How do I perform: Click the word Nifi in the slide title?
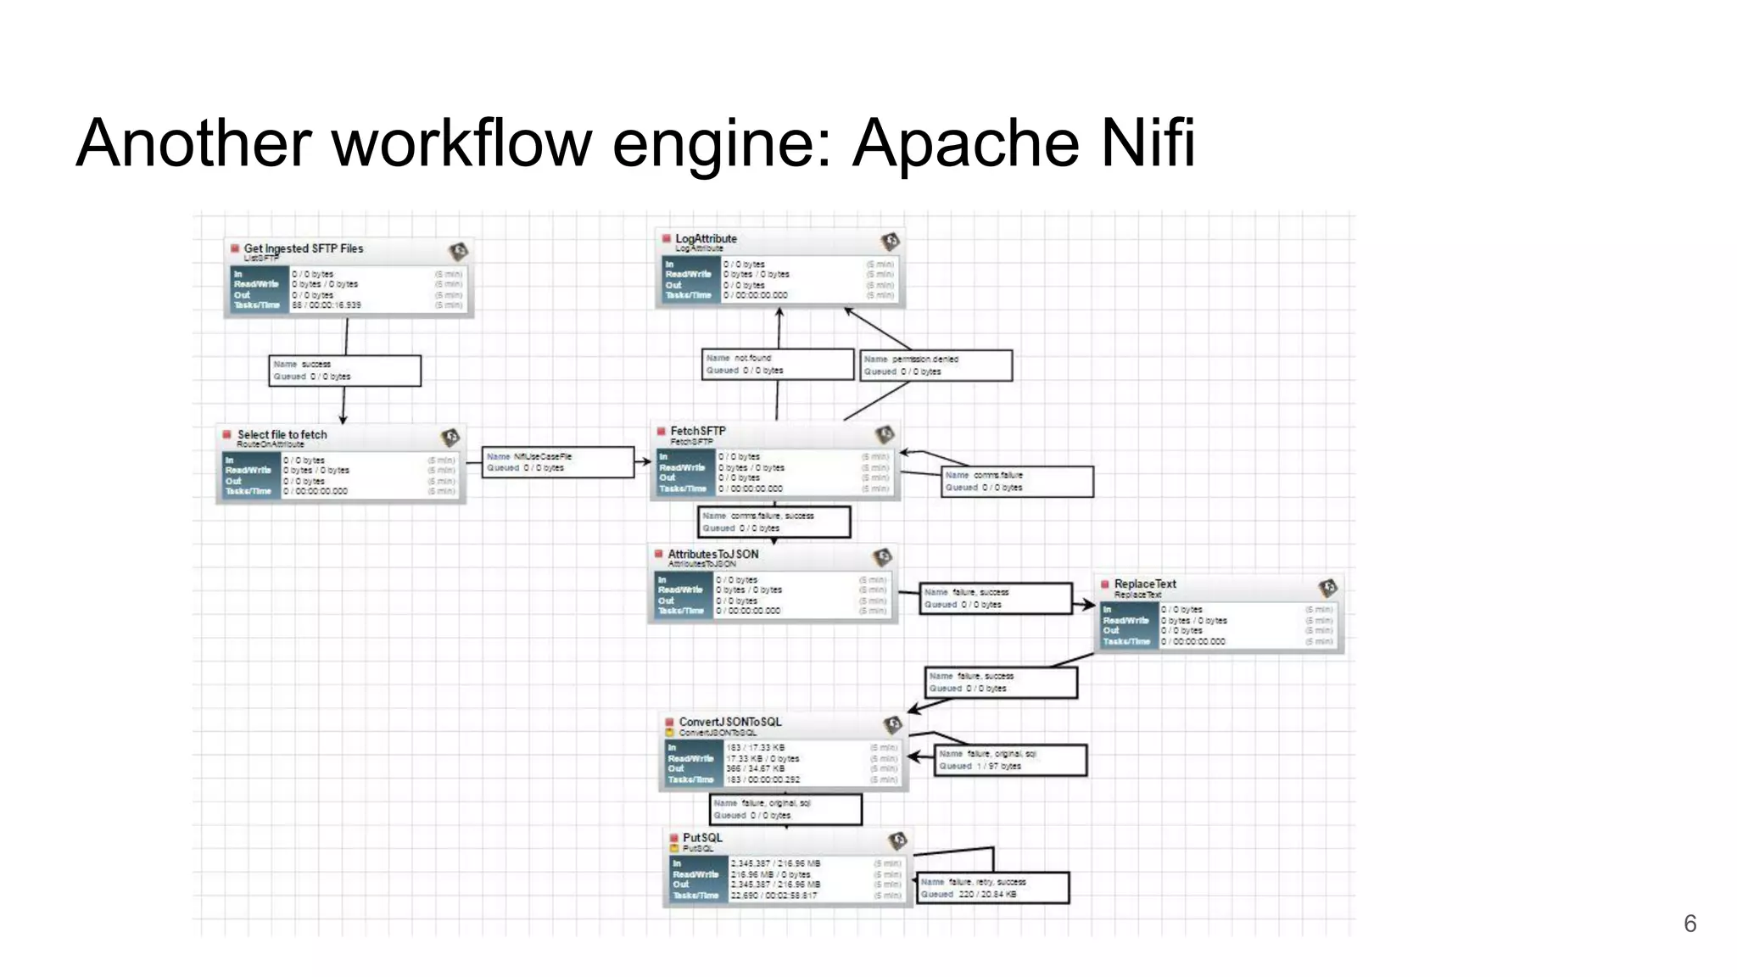tap(1148, 142)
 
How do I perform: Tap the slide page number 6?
tap(1690, 924)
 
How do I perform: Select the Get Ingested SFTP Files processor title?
tap(303, 248)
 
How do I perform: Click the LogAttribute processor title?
tap(706, 238)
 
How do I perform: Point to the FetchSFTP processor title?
tap(697, 431)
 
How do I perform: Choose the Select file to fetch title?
tap(282, 434)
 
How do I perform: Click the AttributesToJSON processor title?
tap(712, 554)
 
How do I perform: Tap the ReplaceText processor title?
tap(1144, 583)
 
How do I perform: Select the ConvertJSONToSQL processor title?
tap(729, 722)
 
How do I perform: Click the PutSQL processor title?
tap(702, 837)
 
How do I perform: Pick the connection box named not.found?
tap(777, 364)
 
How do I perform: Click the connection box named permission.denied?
tap(936, 366)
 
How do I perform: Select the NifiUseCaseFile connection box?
tap(557, 462)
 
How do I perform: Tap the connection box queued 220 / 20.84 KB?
tap(993, 888)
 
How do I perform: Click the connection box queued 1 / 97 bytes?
tap(1010, 760)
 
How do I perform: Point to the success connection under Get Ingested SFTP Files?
tap(344, 371)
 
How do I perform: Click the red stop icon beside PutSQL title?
tap(674, 838)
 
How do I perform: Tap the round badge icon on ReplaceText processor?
tap(1327, 587)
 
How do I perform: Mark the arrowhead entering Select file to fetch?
tap(343, 419)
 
